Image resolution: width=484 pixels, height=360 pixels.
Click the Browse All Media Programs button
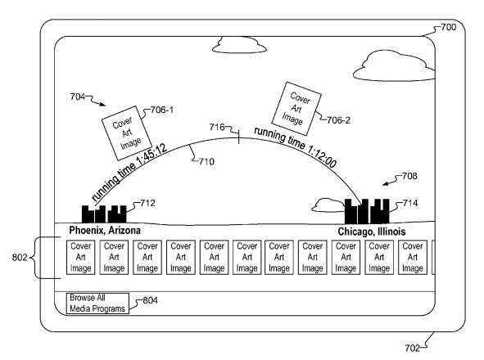(97, 304)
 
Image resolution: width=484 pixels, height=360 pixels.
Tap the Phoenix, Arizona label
(105, 231)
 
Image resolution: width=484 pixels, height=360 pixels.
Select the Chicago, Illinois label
(372, 232)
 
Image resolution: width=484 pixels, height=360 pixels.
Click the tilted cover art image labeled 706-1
(127, 133)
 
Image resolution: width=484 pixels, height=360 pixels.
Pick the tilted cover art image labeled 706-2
(296, 109)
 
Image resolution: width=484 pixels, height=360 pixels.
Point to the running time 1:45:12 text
(129, 172)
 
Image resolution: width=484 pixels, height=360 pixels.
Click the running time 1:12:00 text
(295, 147)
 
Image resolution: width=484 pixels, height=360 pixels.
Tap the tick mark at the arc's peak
(238, 136)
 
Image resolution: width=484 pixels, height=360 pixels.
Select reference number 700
(448, 27)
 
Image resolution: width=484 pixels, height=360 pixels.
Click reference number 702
(413, 349)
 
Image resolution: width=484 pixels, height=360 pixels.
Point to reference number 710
(206, 162)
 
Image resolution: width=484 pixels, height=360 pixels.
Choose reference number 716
(217, 127)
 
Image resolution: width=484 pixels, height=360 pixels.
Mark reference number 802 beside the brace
(20, 257)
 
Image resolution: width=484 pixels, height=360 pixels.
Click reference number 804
(150, 300)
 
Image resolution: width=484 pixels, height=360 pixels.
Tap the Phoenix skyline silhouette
(104, 214)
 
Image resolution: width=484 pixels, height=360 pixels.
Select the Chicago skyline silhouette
(367, 211)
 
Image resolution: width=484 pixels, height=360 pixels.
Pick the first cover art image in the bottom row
(80, 257)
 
